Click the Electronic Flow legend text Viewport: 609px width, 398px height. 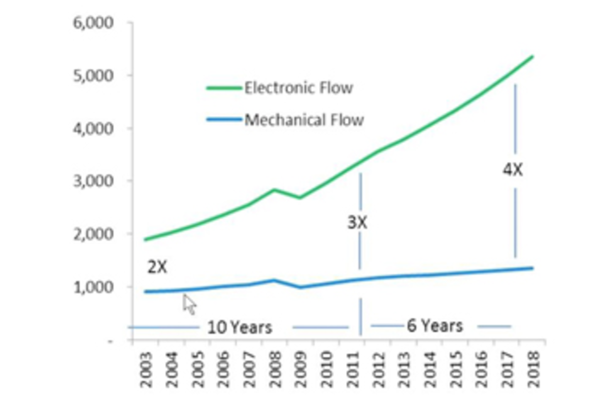(298, 88)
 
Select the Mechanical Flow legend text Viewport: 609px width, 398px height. (304, 120)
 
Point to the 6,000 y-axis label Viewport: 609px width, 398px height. (93, 23)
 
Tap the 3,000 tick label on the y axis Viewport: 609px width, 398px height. (93, 181)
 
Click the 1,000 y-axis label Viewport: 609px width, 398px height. (93, 287)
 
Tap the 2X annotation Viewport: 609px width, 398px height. (157, 267)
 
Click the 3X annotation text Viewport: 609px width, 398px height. (357, 222)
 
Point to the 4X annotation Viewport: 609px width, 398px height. (513, 170)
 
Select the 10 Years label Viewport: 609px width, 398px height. (240, 327)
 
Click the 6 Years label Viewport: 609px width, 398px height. (435, 326)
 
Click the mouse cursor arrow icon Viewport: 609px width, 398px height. (189, 304)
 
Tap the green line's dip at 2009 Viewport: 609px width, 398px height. (300, 198)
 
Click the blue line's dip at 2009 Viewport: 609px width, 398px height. (300, 287)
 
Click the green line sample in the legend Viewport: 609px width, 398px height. (224, 88)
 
